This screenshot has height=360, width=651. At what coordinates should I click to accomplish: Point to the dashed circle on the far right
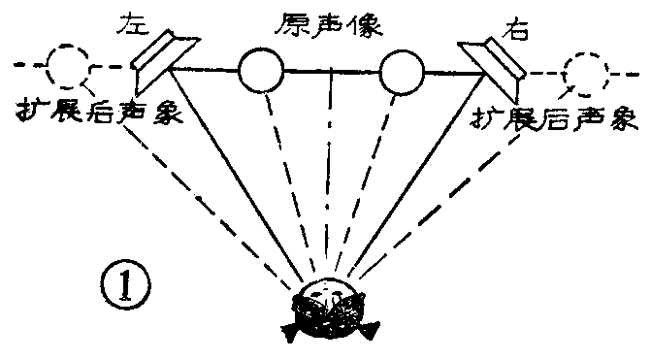coord(585,70)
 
